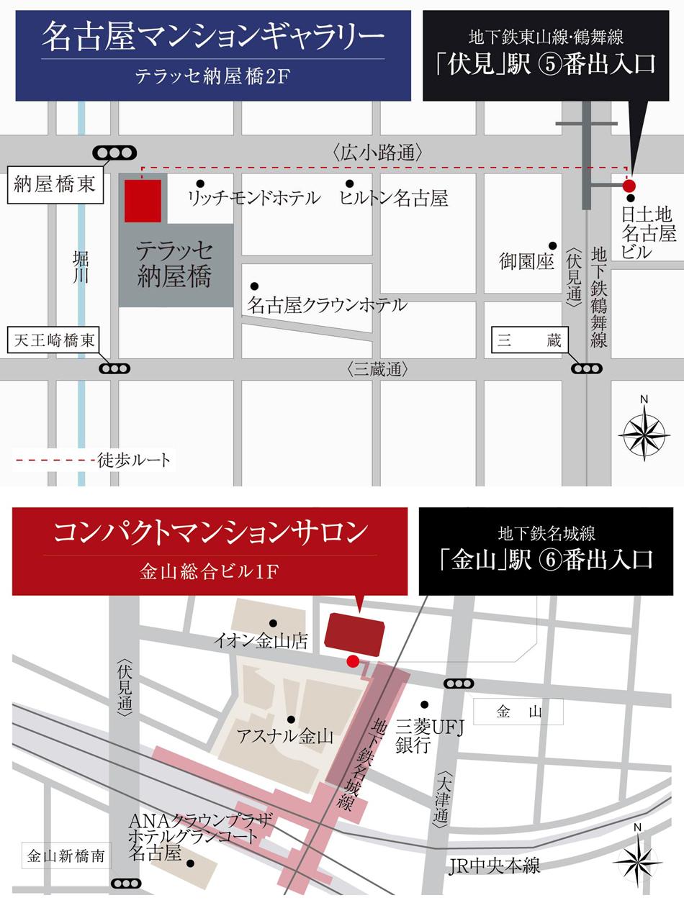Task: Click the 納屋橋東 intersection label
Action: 55,184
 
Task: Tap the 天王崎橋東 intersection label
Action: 55,340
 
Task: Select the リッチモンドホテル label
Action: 253,198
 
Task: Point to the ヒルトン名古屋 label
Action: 394,198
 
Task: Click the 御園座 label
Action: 526,261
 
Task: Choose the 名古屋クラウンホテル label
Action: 327,305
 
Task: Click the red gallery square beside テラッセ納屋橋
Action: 143,201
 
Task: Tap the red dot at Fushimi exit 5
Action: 629,186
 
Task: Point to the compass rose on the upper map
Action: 644,433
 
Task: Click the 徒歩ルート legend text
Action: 134,460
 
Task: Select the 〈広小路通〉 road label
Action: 377,152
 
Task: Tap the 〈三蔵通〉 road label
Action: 377,370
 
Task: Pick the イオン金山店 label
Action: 261,640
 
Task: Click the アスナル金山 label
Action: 286,736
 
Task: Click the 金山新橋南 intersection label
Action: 66,856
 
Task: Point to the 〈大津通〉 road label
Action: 441,797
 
